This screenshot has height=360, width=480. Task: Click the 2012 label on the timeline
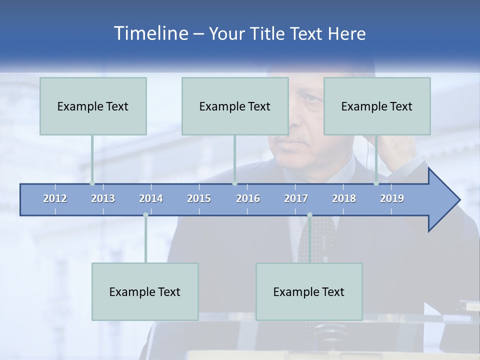pyautogui.click(x=55, y=198)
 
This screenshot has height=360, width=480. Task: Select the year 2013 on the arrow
pyautogui.click(x=103, y=198)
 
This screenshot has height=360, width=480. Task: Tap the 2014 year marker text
pyautogui.click(x=151, y=198)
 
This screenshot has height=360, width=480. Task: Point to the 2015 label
pyautogui.click(x=199, y=198)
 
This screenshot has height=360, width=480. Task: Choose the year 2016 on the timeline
pyautogui.click(x=248, y=198)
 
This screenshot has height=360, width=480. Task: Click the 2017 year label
pyautogui.click(x=296, y=198)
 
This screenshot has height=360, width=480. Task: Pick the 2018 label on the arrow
pyautogui.click(x=344, y=198)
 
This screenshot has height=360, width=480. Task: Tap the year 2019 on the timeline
pyautogui.click(x=392, y=198)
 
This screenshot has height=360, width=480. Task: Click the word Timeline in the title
pyautogui.click(x=150, y=33)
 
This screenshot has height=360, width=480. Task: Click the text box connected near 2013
pyautogui.click(x=93, y=106)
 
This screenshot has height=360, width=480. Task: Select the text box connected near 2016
pyautogui.click(x=235, y=106)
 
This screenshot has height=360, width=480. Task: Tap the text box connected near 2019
pyautogui.click(x=377, y=106)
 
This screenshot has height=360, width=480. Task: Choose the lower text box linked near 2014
pyautogui.click(x=145, y=291)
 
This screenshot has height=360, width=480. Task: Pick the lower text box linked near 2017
pyautogui.click(x=309, y=291)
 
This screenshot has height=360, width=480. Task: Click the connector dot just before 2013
pyautogui.click(x=92, y=183)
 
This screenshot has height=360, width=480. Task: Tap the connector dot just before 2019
pyautogui.click(x=376, y=183)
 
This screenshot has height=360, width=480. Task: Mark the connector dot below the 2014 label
pyautogui.click(x=145, y=215)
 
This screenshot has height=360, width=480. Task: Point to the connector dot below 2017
pyautogui.click(x=309, y=215)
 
